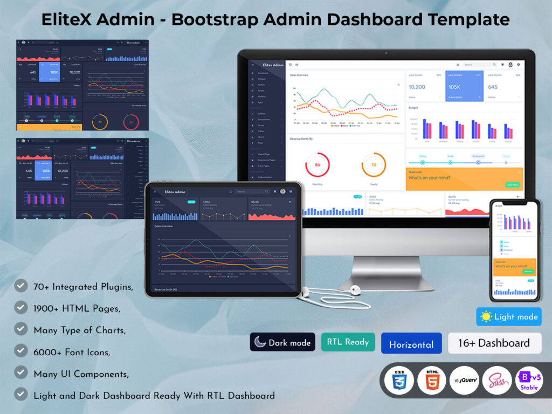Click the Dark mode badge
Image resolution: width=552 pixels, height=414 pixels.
coord(282,342)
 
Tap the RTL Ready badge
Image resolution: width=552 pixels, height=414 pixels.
coord(348,342)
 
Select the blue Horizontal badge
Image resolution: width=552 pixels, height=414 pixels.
coord(411,344)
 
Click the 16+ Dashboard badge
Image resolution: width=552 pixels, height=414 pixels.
coord(494,343)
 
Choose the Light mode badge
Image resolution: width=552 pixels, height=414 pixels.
coord(508,316)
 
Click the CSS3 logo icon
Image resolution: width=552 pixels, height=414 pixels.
coord(399,379)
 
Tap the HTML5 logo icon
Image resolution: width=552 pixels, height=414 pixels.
coord(432,379)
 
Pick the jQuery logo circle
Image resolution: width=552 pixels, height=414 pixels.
coord(464,379)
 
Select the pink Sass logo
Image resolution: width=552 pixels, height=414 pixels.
coord(496,379)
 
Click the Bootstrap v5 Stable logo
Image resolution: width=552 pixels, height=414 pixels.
coord(529,379)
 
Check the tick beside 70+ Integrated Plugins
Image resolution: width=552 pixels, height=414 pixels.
coord(21,286)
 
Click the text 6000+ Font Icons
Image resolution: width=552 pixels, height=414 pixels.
coord(72,352)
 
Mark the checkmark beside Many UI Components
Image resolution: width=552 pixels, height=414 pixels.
coord(21,372)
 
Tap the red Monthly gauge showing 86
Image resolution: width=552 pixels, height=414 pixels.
coord(317,165)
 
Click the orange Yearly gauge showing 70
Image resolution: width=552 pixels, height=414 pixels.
coord(373,165)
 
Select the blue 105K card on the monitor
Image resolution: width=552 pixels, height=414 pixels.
coord(464,86)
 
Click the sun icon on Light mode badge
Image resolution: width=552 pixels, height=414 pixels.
coord(486,316)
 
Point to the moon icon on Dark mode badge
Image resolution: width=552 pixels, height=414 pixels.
coord(260,342)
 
